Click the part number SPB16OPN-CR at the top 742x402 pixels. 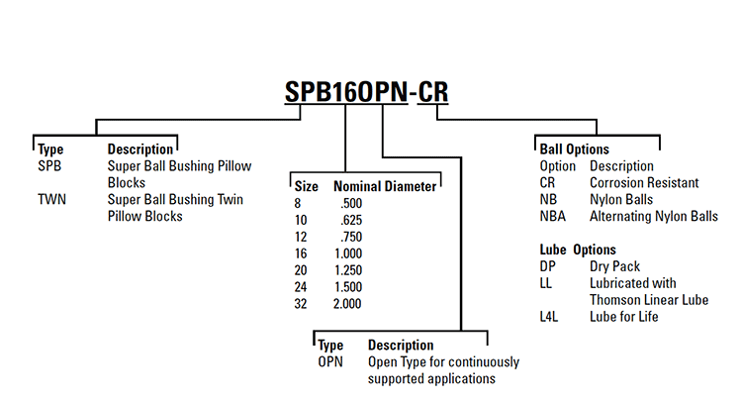click(x=367, y=91)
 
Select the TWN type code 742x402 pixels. click(x=50, y=199)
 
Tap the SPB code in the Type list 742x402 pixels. click(x=48, y=166)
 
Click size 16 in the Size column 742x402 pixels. click(x=301, y=252)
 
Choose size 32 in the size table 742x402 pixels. click(x=301, y=303)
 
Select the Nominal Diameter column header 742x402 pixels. click(x=384, y=185)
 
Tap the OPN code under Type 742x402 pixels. click(x=330, y=361)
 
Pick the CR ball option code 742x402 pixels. click(x=548, y=182)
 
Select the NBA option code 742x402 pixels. click(x=553, y=216)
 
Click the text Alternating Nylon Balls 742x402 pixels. click(x=653, y=216)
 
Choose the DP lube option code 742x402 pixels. click(x=548, y=266)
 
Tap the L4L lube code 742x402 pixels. click(x=550, y=317)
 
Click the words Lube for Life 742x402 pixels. click(x=623, y=317)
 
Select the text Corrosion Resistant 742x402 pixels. click(x=644, y=182)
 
